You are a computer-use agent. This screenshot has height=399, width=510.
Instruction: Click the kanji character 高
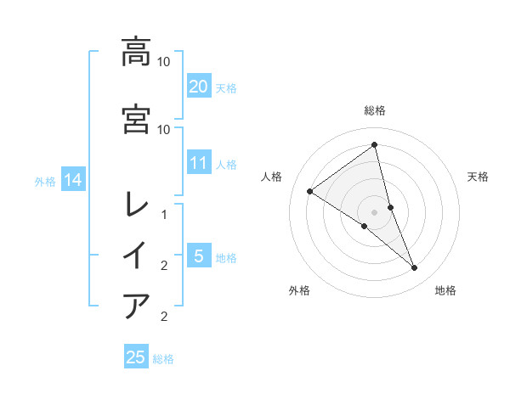coord(136,53)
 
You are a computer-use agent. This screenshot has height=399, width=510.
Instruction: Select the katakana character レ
coord(136,204)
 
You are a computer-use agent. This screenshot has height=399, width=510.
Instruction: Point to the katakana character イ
coord(136,256)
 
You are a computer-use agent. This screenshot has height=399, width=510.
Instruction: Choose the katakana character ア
coord(136,306)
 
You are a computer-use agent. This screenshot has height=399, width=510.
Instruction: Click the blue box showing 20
coord(198,87)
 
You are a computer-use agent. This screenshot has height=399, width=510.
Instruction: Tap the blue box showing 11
coord(198,163)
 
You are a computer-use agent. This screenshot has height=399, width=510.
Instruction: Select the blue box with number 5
coord(198,256)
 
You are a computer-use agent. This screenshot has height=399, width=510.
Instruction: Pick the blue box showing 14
coord(73,180)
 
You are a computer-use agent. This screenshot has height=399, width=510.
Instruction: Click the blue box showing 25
coord(136,357)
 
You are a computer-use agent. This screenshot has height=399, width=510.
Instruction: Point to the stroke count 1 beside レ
coord(164,215)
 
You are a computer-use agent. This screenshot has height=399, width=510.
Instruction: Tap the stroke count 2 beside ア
coord(164,317)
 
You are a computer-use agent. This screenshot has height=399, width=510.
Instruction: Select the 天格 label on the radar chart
coord(479,177)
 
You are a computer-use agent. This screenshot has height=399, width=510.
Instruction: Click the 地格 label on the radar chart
coord(445,291)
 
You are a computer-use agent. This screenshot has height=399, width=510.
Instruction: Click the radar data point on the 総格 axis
coord(375,145)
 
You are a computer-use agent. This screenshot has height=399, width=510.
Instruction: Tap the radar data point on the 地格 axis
coord(415,268)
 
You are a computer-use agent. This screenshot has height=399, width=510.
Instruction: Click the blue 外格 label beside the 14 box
coord(45,181)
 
